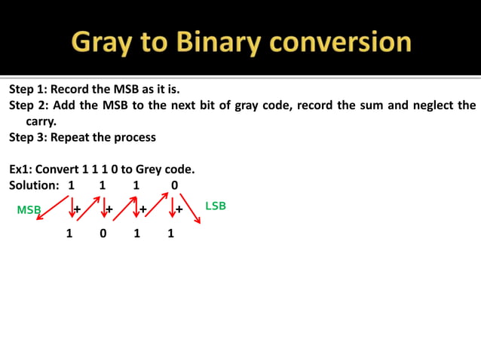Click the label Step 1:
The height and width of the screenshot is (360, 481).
point(28,89)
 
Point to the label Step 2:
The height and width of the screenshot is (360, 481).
point(28,105)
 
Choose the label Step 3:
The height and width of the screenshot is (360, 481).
point(28,137)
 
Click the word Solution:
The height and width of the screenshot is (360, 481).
point(34,185)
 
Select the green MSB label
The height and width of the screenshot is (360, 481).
point(28,210)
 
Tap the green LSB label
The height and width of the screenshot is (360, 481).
point(216,206)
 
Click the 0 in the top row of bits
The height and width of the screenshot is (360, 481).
point(174,185)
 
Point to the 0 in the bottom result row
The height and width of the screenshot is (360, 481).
point(103,233)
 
